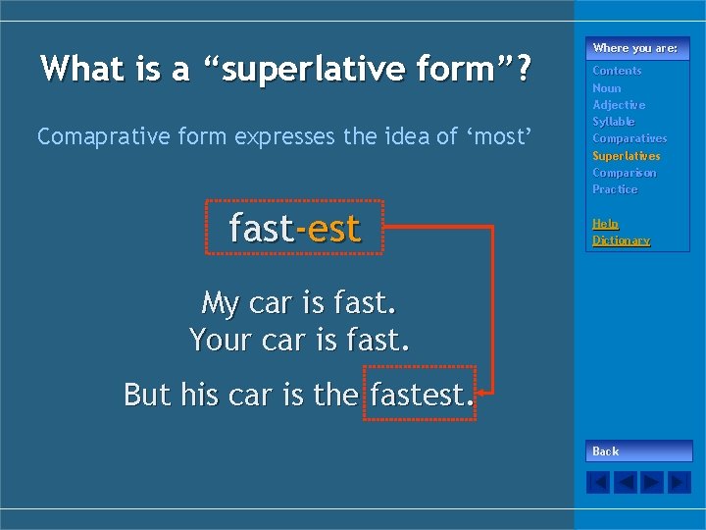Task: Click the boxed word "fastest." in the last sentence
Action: pyautogui.click(x=420, y=394)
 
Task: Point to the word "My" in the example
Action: pyautogui.click(x=221, y=302)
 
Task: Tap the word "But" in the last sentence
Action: pyautogui.click(x=147, y=394)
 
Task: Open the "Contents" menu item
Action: pyautogui.click(x=617, y=71)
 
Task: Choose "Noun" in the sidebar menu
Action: pyautogui.click(x=607, y=88)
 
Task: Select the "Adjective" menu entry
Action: pyautogui.click(x=619, y=105)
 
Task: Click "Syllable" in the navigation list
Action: pyautogui.click(x=614, y=122)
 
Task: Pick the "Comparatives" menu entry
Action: pyautogui.click(x=630, y=138)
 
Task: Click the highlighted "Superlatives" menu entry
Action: pyautogui.click(x=627, y=156)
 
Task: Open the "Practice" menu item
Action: pyautogui.click(x=615, y=189)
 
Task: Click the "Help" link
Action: pyautogui.click(x=605, y=224)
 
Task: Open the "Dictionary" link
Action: pyautogui.click(x=621, y=240)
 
